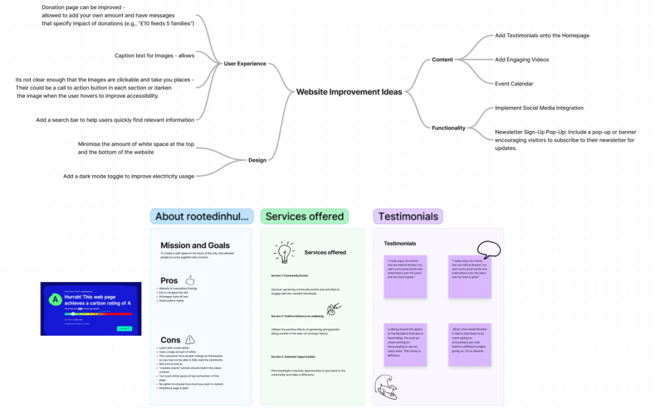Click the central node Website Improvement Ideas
coord(349,92)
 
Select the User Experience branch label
coord(245,64)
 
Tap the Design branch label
coord(257,160)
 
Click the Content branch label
coord(442,59)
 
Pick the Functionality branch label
coord(448,128)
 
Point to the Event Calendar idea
coord(514,84)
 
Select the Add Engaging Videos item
coord(521,59)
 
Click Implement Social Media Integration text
coord(539,108)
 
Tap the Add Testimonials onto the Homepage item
coord(542,36)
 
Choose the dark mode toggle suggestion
coord(129,176)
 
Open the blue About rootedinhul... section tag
coord(202,216)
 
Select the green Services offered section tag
coord(304,216)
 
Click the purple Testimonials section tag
coord(408,216)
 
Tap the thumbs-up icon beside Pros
coord(189,280)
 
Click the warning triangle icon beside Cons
coord(190,340)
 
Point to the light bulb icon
coord(283,252)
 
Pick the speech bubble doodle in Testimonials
coord(489,249)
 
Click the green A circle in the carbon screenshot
coord(56,299)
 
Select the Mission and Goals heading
coord(195,246)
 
